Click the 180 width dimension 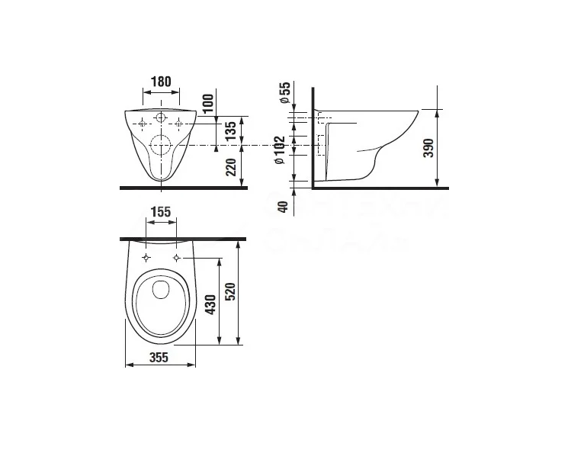coord(159,82)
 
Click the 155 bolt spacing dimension coord(160,213)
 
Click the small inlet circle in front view coord(160,117)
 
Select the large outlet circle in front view coord(161,145)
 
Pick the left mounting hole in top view coord(145,259)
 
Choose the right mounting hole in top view coord(177,259)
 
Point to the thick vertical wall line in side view coord(313,137)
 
